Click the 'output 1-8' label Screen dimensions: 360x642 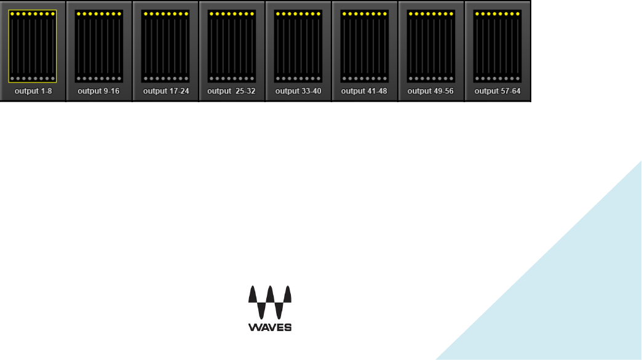pyautogui.click(x=33, y=91)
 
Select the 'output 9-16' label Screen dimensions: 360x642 pyautogui.click(x=98, y=91)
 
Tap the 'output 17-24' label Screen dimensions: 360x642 pyautogui.click(x=166, y=91)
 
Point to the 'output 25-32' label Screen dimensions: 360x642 pyautogui.click(x=231, y=91)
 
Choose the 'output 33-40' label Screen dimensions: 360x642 pyautogui.click(x=298, y=91)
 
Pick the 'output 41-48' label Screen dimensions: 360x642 pyautogui.click(x=364, y=91)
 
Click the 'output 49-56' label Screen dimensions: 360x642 pyautogui.click(x=430, y=91)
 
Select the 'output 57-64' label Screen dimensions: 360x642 pyautogui.click(x=497, y=91)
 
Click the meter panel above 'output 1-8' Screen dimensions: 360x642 pyautogui.click(x=33, y=46)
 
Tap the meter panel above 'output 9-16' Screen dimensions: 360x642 pyautogui.click(x=99, y=46)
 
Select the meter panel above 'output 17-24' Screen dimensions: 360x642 pyautogui.click(x=165, y=46)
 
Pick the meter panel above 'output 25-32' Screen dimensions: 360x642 pyautogui.click(x=232, y=46)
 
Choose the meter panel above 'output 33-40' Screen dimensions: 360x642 pyautogui.click(x=298, y=46)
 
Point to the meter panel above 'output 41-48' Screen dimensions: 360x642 pyautogui.click(x=365, y=46)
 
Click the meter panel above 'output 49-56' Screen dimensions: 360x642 pyautogui.click(x=431, y=46)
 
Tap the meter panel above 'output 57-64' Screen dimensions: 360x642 pyautogui.click(x=497, y=46)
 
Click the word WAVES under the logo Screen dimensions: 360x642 pyautogui.click(x=270, y=327)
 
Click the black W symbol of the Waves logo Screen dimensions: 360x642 pyautogui.click(x=270, y=302)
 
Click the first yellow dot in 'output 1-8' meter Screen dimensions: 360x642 pyautogui.click(x=12, y=14)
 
